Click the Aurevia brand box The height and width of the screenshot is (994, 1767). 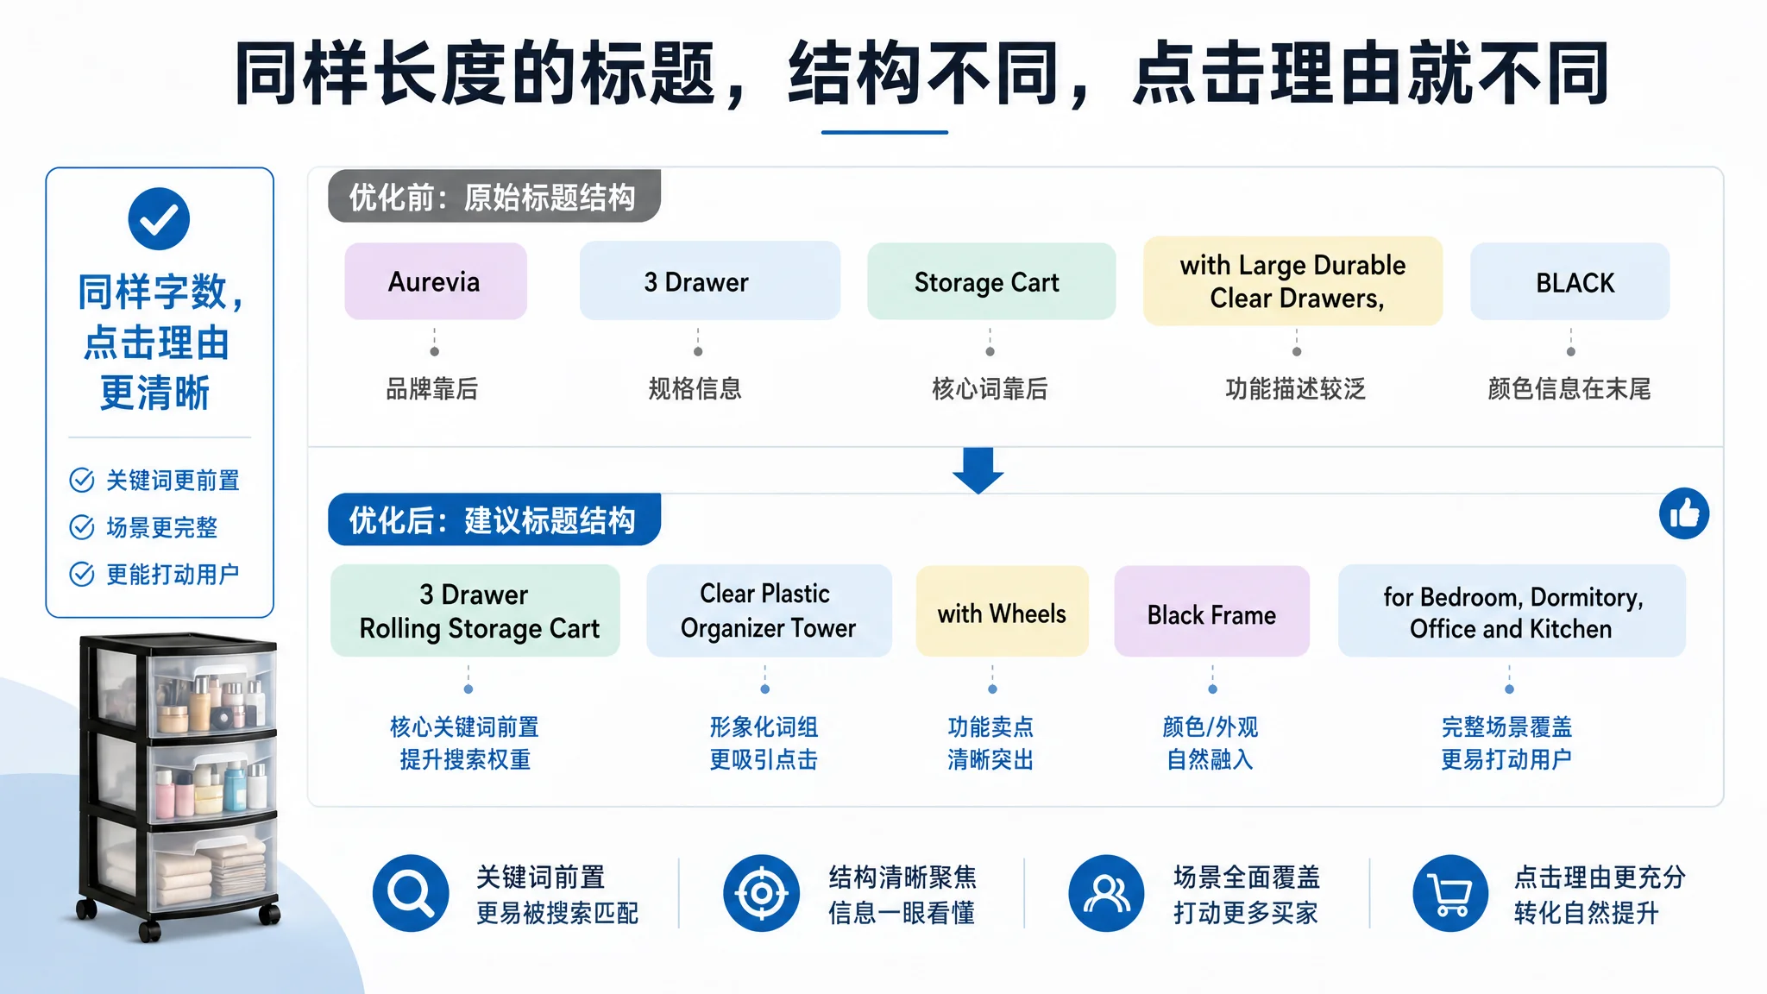click(x=436, y=281)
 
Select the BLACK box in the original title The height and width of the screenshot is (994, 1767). click(x=1570, y=281)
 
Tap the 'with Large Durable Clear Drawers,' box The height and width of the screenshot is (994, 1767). click(x=1292, y=281)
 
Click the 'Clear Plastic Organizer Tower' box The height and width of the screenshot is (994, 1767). click(x=769, y=611)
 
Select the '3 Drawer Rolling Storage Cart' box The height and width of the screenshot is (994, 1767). click(x=475, y=611)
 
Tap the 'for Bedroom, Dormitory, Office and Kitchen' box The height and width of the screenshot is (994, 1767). click(x=1512, y=611)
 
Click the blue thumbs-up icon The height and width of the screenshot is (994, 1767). click(x=1684, y=513)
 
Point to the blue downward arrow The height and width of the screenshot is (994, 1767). click(x=978, y=470)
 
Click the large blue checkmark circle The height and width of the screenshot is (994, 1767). click(x=159, y=218)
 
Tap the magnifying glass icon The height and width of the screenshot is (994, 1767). click(x=411, y=893)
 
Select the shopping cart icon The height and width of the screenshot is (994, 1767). click(x=1450, y=893)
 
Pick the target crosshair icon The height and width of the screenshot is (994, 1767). click(x=761, y=893)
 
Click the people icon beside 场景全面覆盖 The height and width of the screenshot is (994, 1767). click(x=1106, y=893)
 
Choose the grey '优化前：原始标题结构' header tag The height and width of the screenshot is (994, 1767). click(x=494, y=197)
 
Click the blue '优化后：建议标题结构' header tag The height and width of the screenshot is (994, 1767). click(x=494, y=519)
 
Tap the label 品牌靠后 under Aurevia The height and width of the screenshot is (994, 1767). click(x=431, y=389)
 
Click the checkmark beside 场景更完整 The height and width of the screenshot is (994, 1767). click(x=82, y=527)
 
